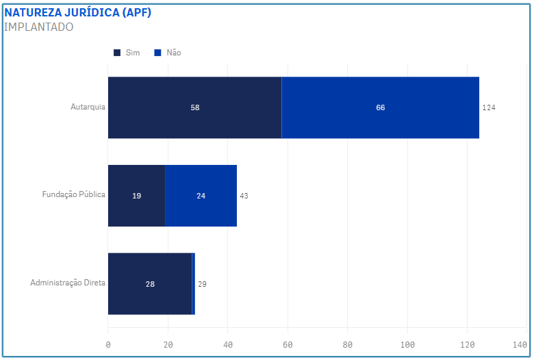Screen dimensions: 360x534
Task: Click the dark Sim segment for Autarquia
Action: tap(194, 107)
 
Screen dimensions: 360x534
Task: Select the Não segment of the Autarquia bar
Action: tap(380, 107)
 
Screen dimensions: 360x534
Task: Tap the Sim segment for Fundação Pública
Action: tap(136, 196)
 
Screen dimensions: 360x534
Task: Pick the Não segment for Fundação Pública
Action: tap(201, 196)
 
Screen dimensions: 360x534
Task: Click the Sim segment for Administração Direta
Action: tap(150, 284)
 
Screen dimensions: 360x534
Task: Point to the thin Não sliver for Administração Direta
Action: tap(194, 284)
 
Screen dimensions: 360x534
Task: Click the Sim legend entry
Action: tap(127, 53)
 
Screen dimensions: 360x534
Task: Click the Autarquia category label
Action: tap(88, 107)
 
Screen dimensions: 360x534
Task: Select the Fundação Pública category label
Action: tap(73, 194)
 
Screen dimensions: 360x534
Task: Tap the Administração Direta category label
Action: tap(68, 283)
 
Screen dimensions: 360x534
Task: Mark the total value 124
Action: tap(488, 108)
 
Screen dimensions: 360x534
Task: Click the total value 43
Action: tap(244, 196)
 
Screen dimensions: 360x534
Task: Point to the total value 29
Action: tap(202, 284)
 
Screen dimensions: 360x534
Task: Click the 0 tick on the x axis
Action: tap(108, 344)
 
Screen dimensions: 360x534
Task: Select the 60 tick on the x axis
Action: tap(288, 344)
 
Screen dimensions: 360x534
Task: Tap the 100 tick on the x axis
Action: tap(407, 344)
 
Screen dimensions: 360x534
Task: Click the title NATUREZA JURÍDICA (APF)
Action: tap(78, 13)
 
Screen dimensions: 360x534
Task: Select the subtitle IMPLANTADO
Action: tap(38, 27)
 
